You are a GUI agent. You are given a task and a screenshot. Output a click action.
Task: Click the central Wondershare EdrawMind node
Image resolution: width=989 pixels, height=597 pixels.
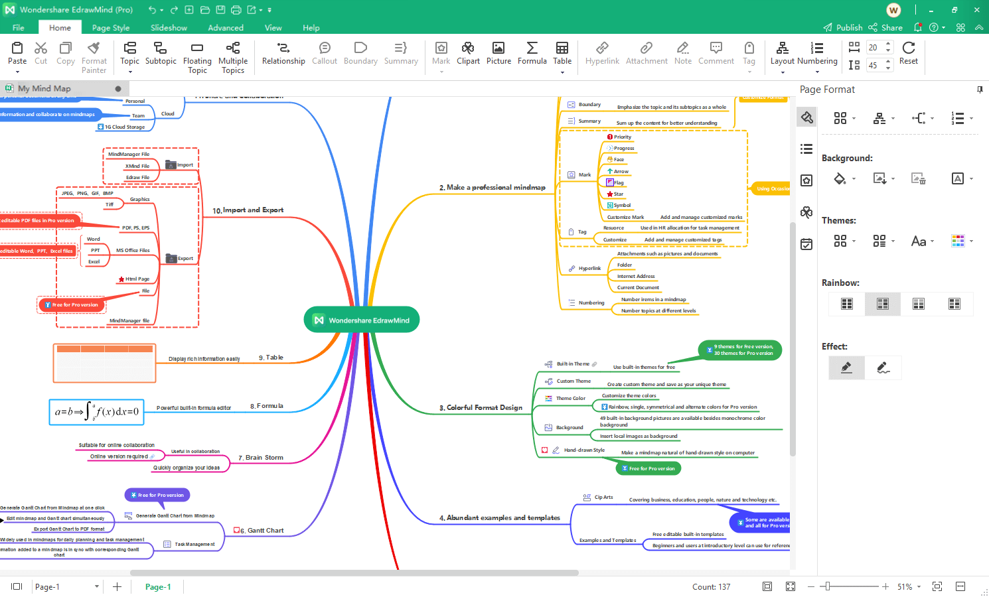coord(362,320)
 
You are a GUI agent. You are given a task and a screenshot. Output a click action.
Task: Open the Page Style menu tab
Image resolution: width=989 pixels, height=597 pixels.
coord(111,28)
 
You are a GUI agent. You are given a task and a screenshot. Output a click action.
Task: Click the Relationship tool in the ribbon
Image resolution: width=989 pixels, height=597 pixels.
coord(283,54)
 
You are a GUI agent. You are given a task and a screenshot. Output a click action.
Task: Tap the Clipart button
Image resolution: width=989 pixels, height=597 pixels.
coord(468,54)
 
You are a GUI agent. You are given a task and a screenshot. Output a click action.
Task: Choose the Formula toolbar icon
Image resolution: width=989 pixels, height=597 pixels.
coord(532,54)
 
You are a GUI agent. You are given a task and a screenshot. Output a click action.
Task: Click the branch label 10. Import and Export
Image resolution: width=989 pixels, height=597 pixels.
coord(248,210)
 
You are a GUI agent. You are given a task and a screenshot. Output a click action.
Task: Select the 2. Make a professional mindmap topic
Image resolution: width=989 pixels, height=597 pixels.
coord(492,188)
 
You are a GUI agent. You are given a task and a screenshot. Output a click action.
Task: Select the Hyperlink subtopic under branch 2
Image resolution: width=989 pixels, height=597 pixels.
coord(589,269)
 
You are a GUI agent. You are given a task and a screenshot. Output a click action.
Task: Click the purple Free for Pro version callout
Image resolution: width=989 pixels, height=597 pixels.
coord(157,495)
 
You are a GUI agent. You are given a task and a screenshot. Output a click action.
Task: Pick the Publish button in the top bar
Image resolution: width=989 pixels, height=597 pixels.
coord(843,28)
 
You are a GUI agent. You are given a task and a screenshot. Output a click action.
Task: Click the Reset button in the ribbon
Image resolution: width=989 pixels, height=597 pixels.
coord(909,54)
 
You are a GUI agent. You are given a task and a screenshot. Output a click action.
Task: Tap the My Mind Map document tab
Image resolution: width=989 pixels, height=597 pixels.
coord(44,89)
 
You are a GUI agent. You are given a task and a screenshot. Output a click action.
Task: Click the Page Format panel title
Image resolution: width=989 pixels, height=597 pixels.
coord(827,90)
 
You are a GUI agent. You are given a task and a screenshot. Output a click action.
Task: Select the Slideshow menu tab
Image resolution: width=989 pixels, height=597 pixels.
coord(169,28)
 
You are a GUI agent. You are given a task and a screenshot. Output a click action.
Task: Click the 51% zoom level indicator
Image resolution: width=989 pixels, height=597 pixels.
coord(905,587)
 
